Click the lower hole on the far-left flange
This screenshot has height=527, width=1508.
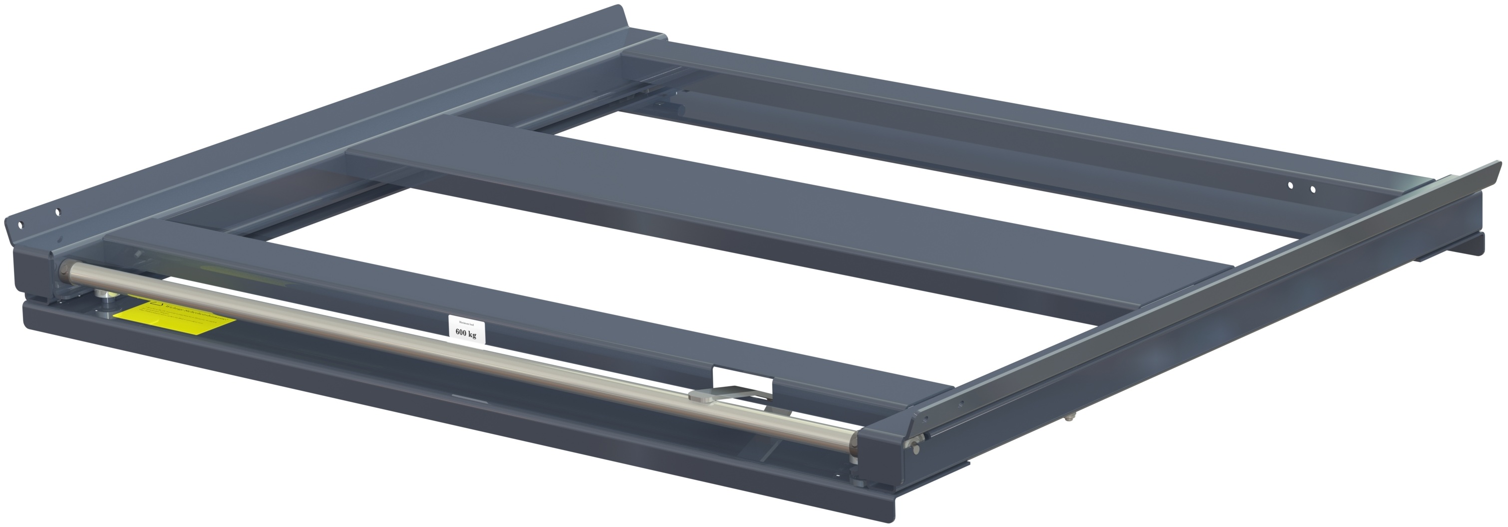click(20, 224)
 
